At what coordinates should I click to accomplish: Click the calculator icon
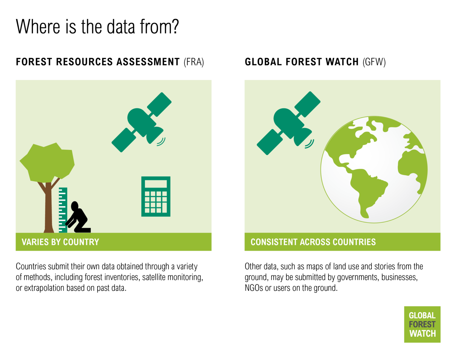click(156, 197)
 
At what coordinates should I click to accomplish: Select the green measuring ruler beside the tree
click(63, 210)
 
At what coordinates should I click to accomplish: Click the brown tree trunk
click(48, 208)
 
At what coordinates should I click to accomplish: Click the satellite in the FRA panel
click(141, 122)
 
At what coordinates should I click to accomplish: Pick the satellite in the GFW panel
click(288, 123)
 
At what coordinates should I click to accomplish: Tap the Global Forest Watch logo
click(422, 324)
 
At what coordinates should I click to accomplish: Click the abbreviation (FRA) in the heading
click(194, 62)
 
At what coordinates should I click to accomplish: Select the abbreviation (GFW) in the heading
click(374, 62)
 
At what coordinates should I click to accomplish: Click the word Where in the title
click(38, 27)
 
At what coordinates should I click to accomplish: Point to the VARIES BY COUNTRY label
click(60, 242)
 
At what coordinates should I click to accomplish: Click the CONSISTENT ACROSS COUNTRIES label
click(313, 242)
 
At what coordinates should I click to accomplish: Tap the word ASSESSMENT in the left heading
click(148, 62)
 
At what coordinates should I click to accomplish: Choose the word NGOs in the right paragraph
click(254, 288)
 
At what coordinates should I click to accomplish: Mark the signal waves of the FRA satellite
click(161, 142)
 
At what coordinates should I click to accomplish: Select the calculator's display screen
click(156, 184)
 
